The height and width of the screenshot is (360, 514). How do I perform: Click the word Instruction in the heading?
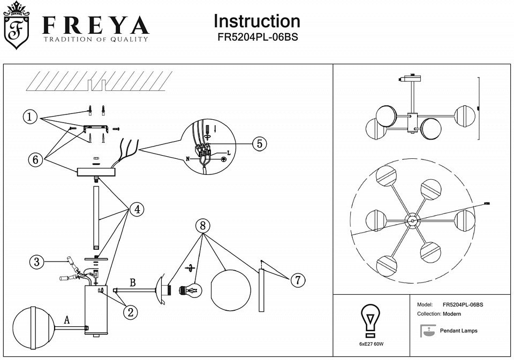tap(256, 21)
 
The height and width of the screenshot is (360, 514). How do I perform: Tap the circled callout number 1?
tap(31, 116)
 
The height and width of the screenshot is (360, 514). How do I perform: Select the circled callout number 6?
tap(36, 159)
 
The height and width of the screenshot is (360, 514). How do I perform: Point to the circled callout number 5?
tap(259, 143)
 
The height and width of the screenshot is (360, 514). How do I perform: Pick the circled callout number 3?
tap(36, 262)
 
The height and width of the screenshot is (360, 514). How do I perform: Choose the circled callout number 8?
tap(202, 226)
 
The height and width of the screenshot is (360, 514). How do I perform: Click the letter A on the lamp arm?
tap(67, 320)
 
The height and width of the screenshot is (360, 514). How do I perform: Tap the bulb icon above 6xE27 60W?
tap(370, 320)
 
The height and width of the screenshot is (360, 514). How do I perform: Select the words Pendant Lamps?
tap(458, 331)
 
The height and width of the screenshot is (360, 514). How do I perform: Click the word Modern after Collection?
tap(452, 314)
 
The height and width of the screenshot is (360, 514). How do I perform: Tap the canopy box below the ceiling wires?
tap(96, 172)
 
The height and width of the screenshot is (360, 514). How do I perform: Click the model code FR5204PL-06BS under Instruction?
tap(257, 38)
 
